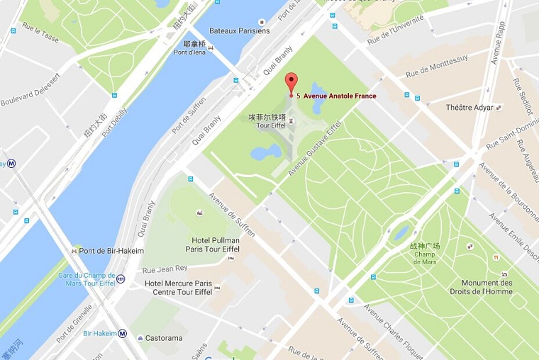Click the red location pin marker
[x=289, y=82]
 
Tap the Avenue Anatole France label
[x=340, y=96]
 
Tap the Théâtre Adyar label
[x=469, y=107]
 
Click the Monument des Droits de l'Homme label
[x=487, y=287]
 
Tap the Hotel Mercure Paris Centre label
[x=179, y=287]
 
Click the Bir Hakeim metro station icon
[x=123, y=333]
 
